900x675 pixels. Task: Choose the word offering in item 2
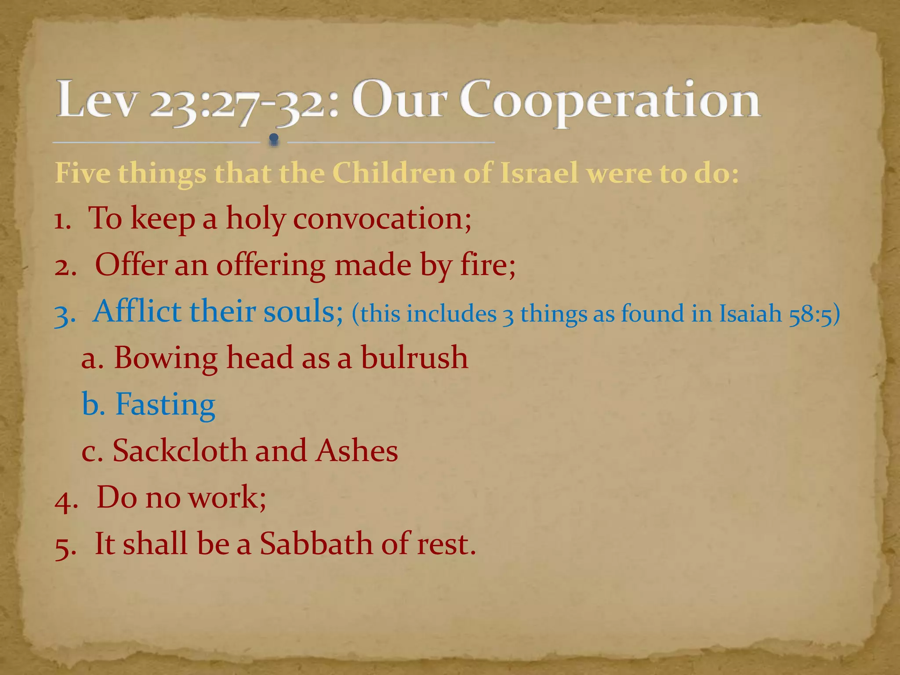(x=271, y=266)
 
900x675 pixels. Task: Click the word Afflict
(x=138, y=311)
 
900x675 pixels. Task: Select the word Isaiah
(x=751, y=313)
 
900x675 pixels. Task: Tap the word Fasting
(x=165, y=404)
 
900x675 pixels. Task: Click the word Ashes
(x=357, y=451)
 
